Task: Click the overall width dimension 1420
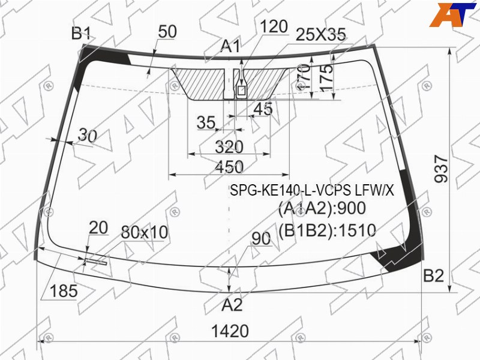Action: [230, 331]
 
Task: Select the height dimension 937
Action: [441, 169]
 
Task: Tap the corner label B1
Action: [81, 33]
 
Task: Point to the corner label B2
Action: [433, 275]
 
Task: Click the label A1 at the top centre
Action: [231, 47]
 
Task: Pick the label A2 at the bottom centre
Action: [232, 305]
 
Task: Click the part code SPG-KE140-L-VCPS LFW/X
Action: [312, 191]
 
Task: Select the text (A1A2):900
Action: [322, 209]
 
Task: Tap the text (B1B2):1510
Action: [327, 231]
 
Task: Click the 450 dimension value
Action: [229, 167]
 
